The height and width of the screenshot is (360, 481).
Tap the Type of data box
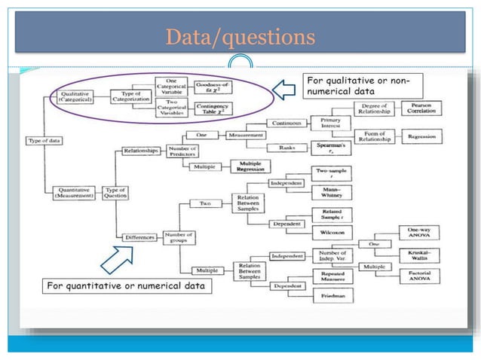pos(43,141)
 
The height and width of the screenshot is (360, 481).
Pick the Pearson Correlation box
pos(421,108)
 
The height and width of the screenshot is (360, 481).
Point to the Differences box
pos(140,236)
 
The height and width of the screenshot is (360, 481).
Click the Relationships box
pos(141,151)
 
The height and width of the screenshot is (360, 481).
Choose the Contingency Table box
pos(213,108)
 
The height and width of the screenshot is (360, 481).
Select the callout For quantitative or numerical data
pos(127,286)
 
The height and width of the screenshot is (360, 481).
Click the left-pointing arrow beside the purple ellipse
pos(283,91)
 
